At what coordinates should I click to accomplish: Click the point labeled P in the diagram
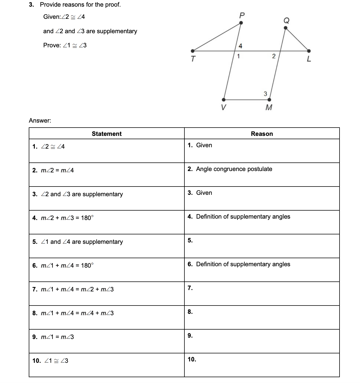click(x=241, y=23)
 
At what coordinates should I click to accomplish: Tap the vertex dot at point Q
click(x=286, y=27)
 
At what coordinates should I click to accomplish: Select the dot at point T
click(x=193, y=51)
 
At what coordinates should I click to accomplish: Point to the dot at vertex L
click(x=309, y=51)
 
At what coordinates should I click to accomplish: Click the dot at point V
click(x=224, y=100)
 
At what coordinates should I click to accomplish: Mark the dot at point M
click(x=270, y=100)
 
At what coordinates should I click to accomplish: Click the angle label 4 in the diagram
click(x=240, y=46)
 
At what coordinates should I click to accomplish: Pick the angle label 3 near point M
click(x=265, y=94)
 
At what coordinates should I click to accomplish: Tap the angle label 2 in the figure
click(x=274, y=56)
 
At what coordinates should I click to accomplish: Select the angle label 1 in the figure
click(x=239, y=56)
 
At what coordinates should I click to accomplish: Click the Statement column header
click(x=106, y=134)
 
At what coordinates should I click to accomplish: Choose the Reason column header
click(x=262, y=134)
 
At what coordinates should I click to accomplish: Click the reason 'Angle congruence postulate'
click(x=234, y=169)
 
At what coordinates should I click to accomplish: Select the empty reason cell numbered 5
click(x=262, y=246)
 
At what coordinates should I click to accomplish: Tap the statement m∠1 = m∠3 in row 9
click(x=57, y=337)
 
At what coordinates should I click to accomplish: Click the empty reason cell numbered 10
click(x=262, y=365)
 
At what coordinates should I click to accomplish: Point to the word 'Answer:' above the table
click(x=40, y=120)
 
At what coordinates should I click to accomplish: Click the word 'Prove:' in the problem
click(x=52, y=45)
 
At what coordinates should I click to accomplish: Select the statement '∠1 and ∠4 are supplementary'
click(x=82, y=242)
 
